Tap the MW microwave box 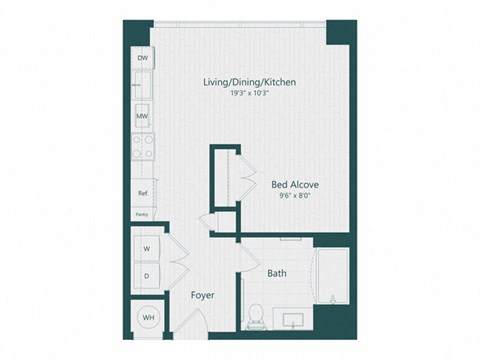pyautogui.click(x=142, y=117)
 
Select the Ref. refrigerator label pyautogui.click(x=142, y=193)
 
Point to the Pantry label pyautogui.click(x=141, y=214)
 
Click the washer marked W pyautogui.click(x=146, y=247)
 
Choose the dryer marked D pyautogui.click(x=146, y=273)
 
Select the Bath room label pyautogui.click(x=277, y=272)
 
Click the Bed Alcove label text pyautogui.click(x=295, y=184)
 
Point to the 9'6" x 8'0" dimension pyautogui.click(x=295, y=197)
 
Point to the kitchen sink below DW pyautogui.click(x=142, y=86)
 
